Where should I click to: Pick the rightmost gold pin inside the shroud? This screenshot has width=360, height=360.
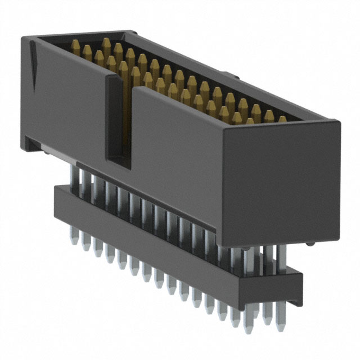(282, 120)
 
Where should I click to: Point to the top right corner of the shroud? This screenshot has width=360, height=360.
(340, 120)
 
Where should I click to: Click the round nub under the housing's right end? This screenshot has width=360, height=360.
(310, 244)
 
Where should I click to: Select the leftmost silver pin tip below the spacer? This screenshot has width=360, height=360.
(74, 240)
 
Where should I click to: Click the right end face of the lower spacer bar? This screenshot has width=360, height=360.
(296, 287)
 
